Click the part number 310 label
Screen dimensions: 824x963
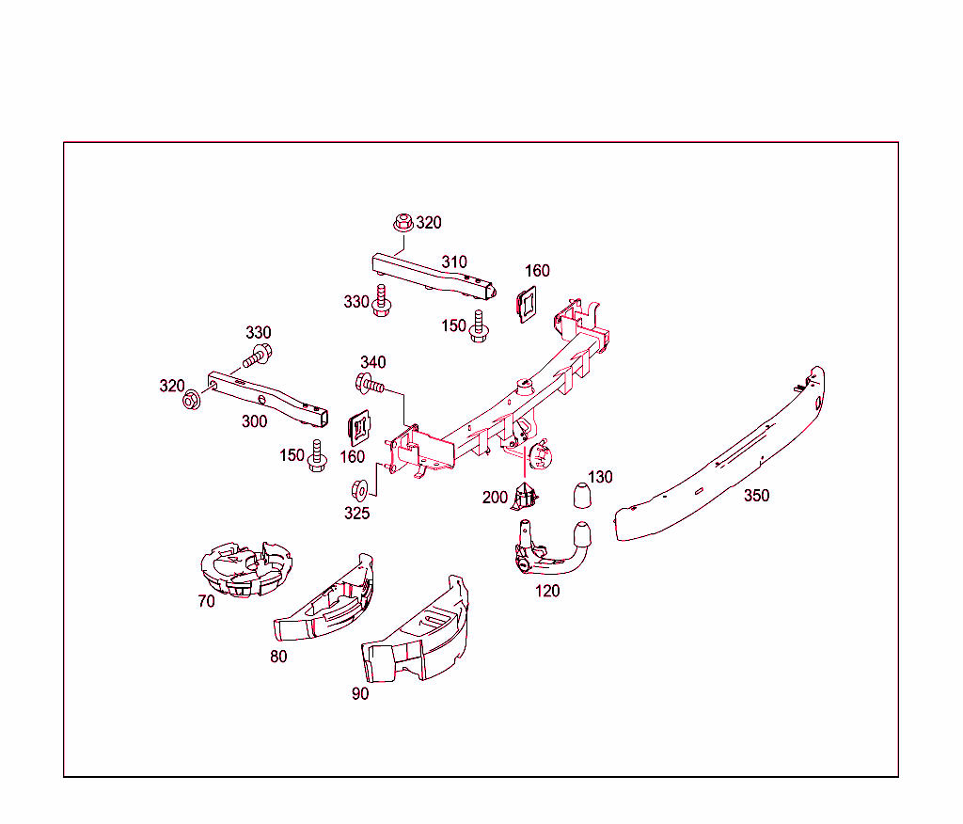pyautogui.click(x=454, y=261)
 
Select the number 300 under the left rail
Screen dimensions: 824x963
pyautogui.click(x=254, y=421)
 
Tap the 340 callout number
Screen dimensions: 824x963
pyautogui.click(x=373, y=362)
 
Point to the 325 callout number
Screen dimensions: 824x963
pyautogui.click(x=356, y=514)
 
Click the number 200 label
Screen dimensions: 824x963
pyautogui.click(x=495, y=498)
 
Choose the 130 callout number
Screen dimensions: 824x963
pyautogui.click(x=600, y=477)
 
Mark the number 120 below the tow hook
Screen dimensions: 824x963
pyautogui.click(x=547, y=591)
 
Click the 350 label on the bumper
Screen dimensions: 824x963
pyautogui.click(x=756, y=496)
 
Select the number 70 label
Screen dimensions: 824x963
pyautogui.click(x=206, y=601)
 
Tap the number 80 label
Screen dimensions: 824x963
pyautogui.click(x=278, y=657)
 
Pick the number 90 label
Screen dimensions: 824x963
pyautogui.click(x=360, y=694)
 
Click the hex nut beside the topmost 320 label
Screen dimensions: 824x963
pyautogui.click(x=402, y=223)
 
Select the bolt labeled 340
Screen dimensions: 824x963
pyautogui.click(x=370, y=383)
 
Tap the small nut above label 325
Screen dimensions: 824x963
pyautogui.click(x=358, y=490)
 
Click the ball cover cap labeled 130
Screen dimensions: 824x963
pyautogui.click(x=582, y=495)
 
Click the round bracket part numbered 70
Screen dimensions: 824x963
pyautogui.click(x=245, y=568)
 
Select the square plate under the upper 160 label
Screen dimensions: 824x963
pyautogui.click(x=527, y=303)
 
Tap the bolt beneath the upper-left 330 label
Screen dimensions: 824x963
pyautogui.click(x=258, y=356)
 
